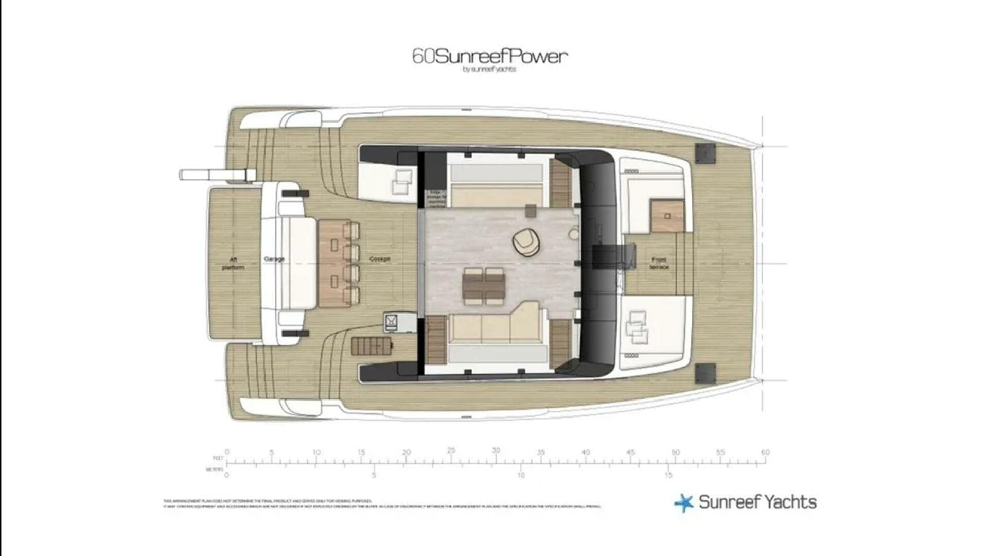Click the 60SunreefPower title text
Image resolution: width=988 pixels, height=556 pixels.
tap(490, 56)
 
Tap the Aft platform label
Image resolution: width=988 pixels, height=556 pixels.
tap(233, 264)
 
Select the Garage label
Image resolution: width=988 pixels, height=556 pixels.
tap(274, 259)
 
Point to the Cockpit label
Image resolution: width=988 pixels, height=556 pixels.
tap(380, 259)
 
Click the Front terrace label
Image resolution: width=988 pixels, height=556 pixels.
tap(659, 264)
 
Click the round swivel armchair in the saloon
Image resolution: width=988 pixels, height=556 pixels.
tap(525, 242)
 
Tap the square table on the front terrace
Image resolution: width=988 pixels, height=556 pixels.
tap(667, 216)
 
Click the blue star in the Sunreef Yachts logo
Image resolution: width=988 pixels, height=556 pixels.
tap(684, 502)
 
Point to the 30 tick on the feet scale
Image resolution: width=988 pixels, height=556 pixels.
tap(496, 451)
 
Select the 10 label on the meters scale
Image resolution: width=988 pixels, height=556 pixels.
tap(521, 475)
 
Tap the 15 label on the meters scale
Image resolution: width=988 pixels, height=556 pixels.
tap(668, 475)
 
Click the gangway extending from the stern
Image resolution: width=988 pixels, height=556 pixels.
tap(216, 175)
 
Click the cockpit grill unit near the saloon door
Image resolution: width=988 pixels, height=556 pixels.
tap(391, 322)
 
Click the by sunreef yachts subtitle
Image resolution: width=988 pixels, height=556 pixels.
tap(489, 69)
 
